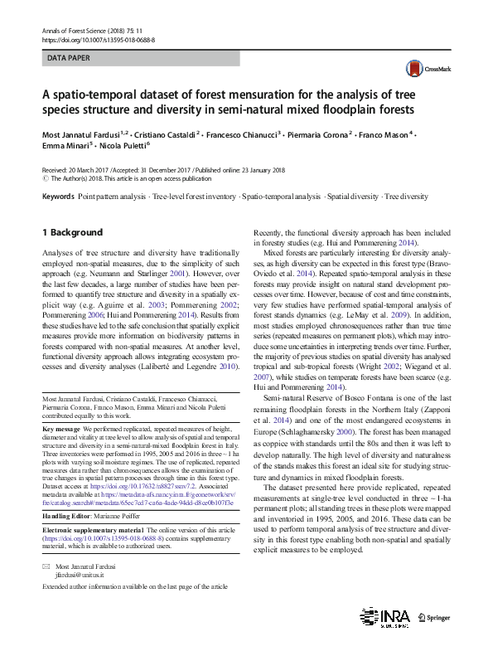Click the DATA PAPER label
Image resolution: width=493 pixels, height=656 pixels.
69,59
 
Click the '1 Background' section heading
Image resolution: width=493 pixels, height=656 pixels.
72,232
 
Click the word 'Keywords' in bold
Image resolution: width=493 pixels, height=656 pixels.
57,197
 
